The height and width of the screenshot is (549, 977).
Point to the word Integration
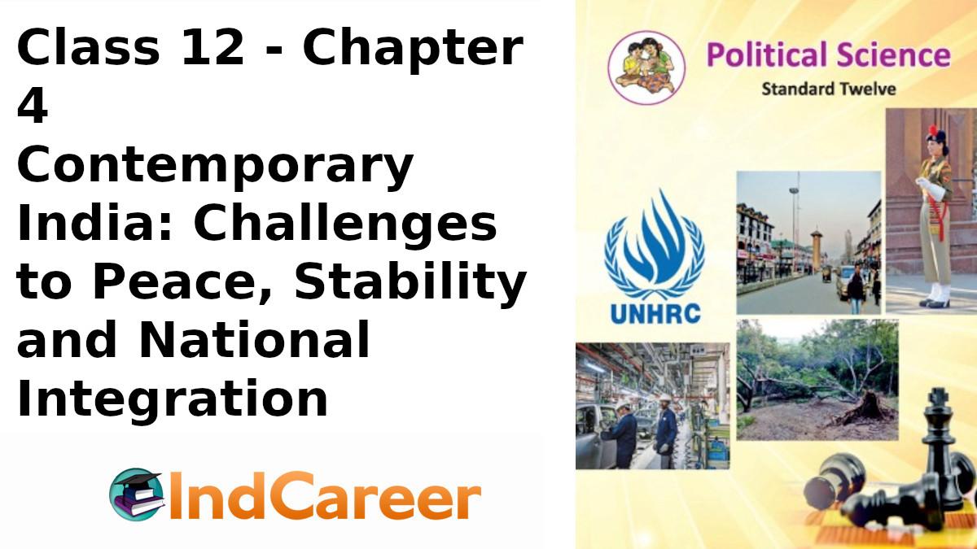[x=172, y=399]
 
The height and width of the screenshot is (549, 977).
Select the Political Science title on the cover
[x=828, y=55]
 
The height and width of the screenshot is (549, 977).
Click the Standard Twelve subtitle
[x=828, y=88]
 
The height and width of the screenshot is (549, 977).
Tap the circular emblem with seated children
[x=646, y=68]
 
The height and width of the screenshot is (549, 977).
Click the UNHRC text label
[x=654, y=312]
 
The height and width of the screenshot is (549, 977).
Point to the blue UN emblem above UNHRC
[x=654, y=244]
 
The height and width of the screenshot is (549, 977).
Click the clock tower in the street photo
[x=816, y=248]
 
